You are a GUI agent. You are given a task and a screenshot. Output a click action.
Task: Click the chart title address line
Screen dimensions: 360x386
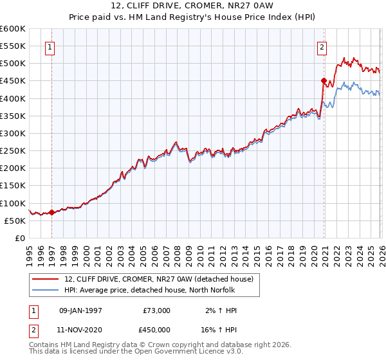point(192,6)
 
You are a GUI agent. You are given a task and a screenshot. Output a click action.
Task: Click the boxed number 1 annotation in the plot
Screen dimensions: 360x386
point(50,46)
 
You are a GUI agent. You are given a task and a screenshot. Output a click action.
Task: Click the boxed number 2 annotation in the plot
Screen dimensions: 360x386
point(322,46)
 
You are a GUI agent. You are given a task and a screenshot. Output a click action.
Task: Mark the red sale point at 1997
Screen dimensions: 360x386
point(51,212)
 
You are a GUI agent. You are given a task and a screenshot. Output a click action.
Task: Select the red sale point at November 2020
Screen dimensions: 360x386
point(324,80)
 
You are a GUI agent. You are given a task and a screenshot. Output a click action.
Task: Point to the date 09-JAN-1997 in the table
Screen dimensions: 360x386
point(80,310)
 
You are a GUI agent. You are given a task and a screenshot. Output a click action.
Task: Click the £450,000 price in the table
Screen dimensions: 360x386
point(156,329)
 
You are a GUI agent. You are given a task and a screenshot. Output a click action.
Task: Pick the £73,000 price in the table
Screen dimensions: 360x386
point(156,310)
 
